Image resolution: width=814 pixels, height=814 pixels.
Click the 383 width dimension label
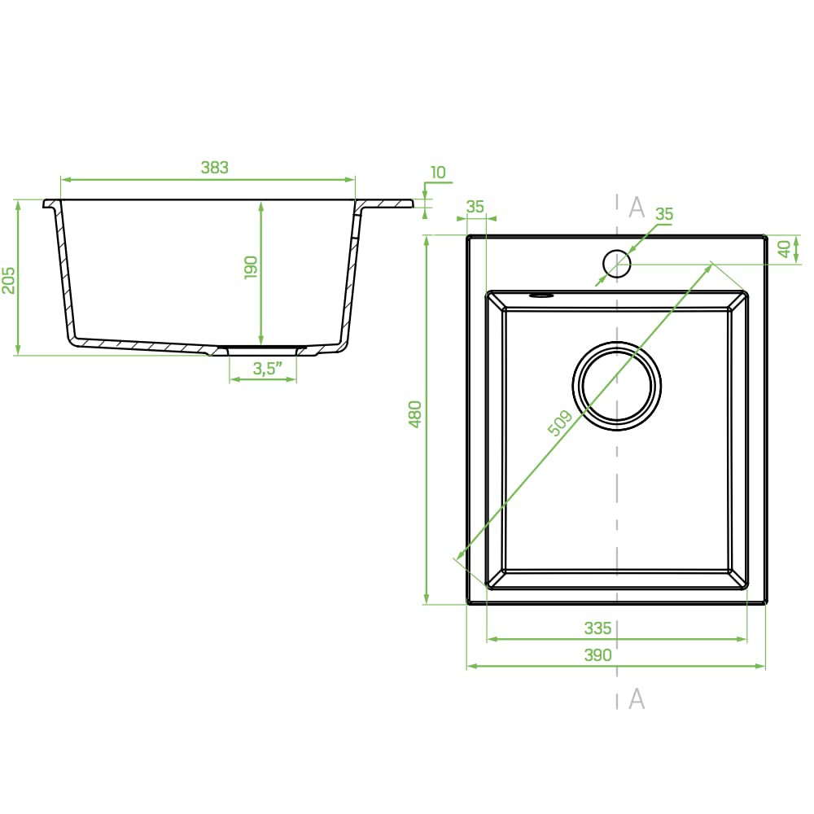[x=214, y=167]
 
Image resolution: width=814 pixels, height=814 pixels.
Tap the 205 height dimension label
[x=9, y=280]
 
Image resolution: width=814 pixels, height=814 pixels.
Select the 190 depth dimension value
[x=251, y=267]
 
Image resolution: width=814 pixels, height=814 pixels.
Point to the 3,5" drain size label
[x=267, y=368]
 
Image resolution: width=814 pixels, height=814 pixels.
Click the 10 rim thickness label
[x=438, y=173]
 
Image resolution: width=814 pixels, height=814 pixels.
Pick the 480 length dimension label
[x=415, y=414]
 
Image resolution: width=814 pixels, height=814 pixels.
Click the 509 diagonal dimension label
[x=560, y=422]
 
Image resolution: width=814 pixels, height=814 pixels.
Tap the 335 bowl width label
[x=597, y=628]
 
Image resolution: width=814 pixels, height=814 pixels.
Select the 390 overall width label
[x=597, y=655]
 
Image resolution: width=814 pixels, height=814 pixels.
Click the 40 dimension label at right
[x=785, y=248]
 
